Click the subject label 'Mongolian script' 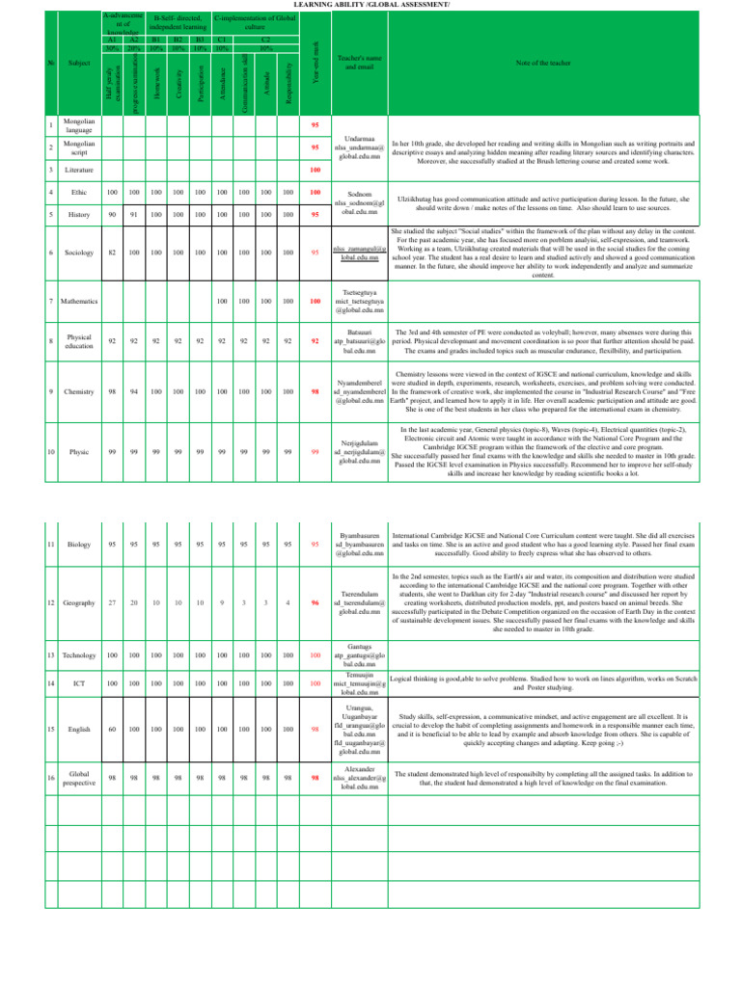pos(78,147)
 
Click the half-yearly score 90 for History pos(113,215)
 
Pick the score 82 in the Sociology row pos(113,253)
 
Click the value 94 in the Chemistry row pos(134,392)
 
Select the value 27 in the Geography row pos(113,602)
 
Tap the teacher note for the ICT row pos(544,683)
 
